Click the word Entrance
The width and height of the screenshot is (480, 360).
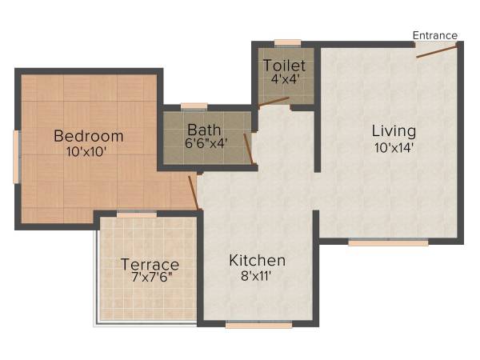435,35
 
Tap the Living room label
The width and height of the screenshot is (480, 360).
394,131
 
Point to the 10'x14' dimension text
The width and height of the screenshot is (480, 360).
394,147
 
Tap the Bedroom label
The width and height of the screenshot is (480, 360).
89,135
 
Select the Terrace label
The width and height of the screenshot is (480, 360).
150,264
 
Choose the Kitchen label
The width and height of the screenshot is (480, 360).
258,261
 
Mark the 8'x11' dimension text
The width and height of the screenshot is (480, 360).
258,276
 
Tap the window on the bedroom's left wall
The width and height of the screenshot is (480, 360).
15,157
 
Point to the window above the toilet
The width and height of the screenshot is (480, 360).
287,42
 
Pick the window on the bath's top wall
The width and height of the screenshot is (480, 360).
194,106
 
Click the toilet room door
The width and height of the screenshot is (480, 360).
274,102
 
